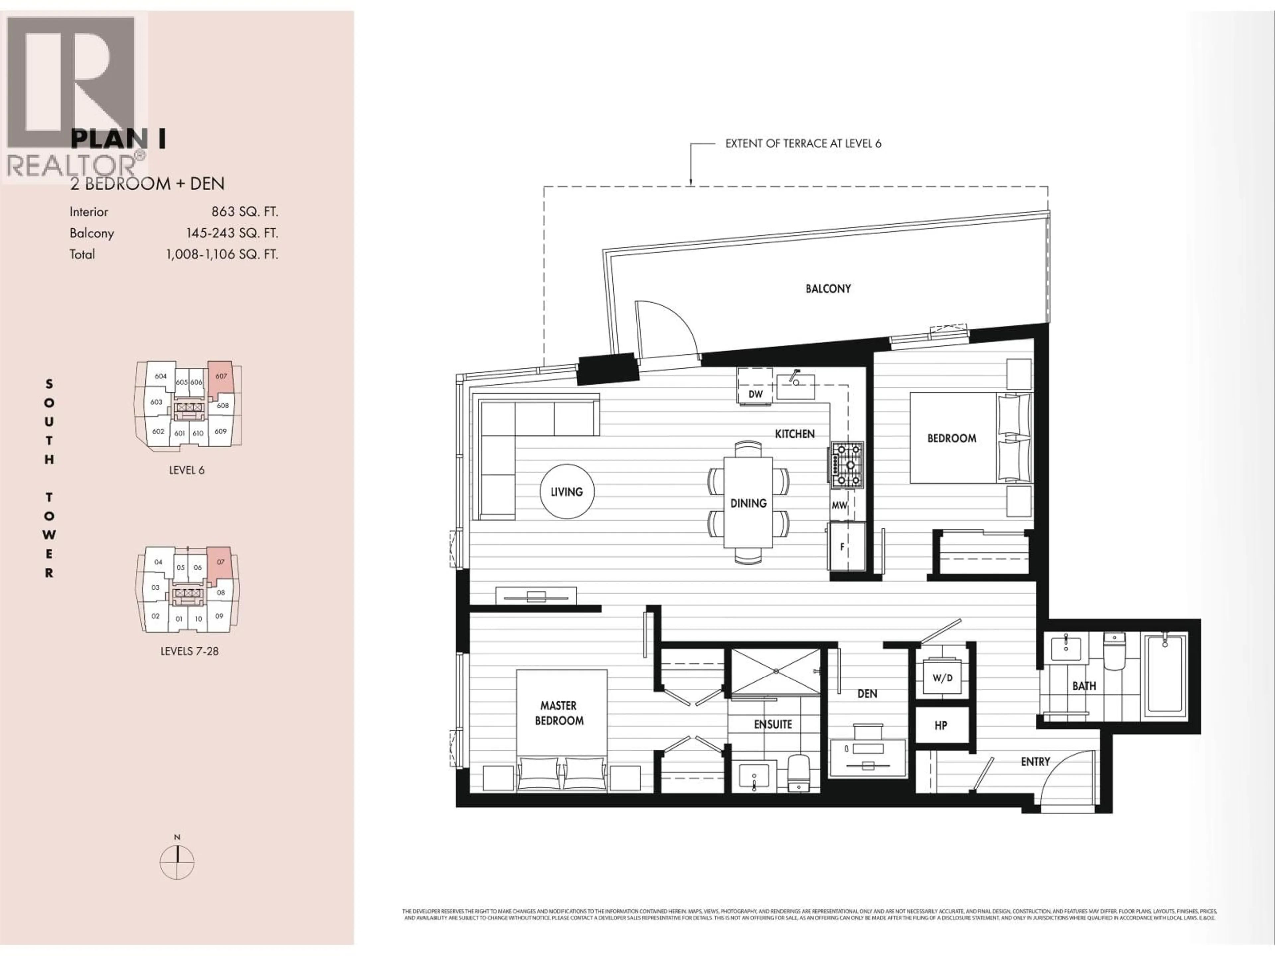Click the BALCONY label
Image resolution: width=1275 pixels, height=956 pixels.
(828, 289)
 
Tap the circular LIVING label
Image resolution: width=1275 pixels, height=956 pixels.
(566, 492)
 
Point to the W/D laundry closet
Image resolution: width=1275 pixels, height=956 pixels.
(942, 678)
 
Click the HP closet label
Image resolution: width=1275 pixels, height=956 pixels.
(941, 726)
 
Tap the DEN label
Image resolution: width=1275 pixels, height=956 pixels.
(867, 694)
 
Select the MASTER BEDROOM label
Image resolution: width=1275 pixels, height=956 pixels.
(558, 713)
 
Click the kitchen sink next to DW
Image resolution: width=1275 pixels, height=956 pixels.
(796, 386)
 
